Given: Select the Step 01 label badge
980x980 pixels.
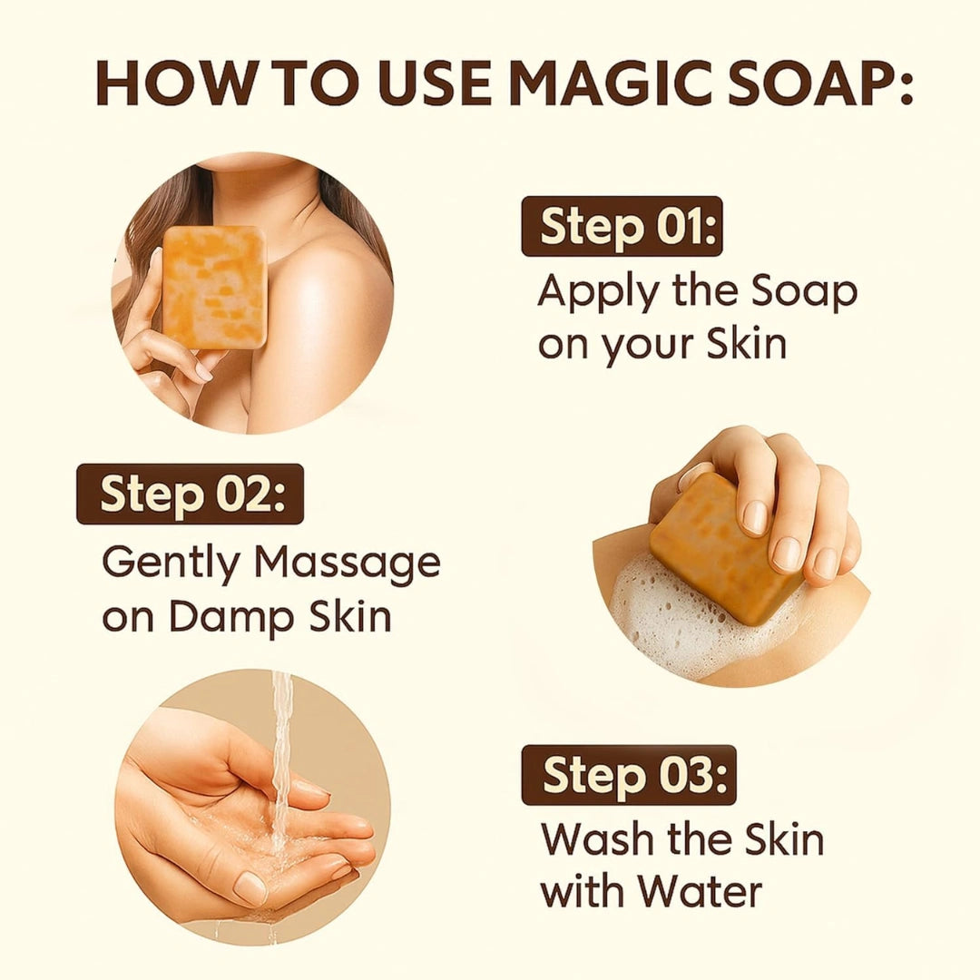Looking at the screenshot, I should (622, 227).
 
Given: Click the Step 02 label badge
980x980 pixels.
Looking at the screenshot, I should (191, 495).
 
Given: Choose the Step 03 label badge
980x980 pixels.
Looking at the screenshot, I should (629, 776).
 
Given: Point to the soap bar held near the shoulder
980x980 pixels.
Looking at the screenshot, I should (214, 286).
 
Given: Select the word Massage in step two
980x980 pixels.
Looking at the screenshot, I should (348, 564).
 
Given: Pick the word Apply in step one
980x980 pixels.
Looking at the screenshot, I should (594, 293).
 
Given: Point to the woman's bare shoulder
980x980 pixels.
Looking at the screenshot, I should (336, 290).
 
